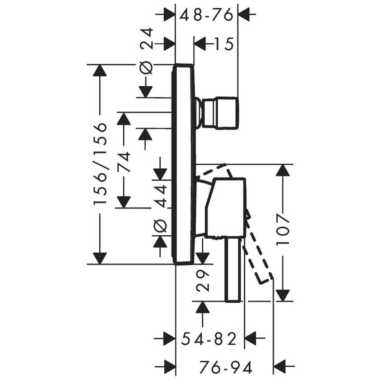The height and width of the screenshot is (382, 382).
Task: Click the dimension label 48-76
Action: coord(206,15)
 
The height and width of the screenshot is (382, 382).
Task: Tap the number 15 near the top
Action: coord(224,44)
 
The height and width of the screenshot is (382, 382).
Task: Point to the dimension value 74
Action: coord(124,162)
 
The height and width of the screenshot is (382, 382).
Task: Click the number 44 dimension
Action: coord(161,196)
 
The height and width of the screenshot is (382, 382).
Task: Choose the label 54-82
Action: coord(209,338)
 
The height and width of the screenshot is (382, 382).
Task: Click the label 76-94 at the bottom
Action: coord(226,367)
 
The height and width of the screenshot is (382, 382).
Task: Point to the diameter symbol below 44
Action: coord(160,226)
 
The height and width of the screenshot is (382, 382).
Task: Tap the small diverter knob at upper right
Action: coord(219,113)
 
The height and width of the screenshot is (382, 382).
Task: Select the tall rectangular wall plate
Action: coord(184,164)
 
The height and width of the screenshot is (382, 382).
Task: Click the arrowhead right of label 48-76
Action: coord(243,15)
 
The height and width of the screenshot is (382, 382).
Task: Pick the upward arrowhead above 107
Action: coord(283,170)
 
